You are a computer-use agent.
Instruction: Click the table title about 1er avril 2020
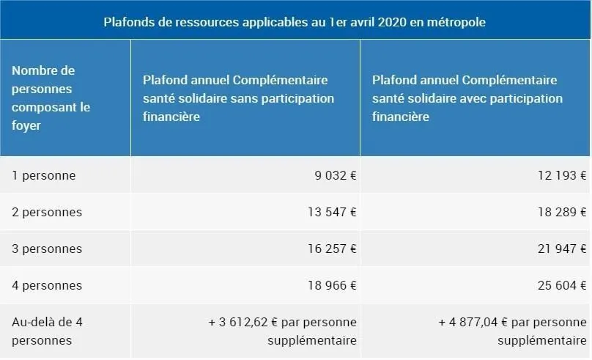coord(295,22)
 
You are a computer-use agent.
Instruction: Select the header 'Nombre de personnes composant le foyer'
coord(51,98)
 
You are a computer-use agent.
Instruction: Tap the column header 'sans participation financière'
coord(238,98)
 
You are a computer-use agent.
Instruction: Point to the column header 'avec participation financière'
coord(467,98)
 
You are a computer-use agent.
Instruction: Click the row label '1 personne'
coord(44,176)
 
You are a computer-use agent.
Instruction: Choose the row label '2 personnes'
coord(47,213)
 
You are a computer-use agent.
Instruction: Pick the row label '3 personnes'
coord(47,249)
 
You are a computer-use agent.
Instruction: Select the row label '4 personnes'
coord(47,286)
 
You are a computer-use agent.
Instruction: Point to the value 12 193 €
coord(560,176)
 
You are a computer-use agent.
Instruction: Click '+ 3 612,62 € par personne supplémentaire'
coord(283,331)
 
